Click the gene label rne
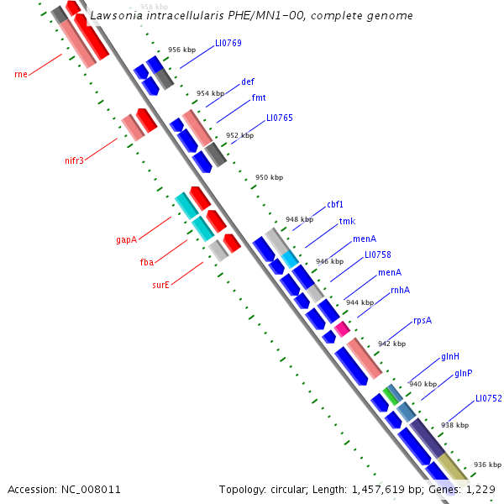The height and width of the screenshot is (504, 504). (21, 74)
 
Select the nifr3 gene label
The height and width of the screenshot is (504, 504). (75, 160)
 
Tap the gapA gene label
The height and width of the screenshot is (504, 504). (126, 239)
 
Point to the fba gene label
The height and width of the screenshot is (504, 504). (147, 262)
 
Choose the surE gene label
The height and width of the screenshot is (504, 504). (160, 285)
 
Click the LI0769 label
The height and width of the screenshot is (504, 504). (228, 43)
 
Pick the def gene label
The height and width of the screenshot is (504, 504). (248, 81)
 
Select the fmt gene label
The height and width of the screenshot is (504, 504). (259, 97)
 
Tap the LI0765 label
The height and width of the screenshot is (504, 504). (280, 118)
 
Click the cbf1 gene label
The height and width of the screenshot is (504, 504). (335, 204)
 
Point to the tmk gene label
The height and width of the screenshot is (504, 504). (347, 222)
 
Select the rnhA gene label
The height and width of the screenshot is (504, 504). (400, 290)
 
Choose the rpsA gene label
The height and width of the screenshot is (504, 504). (423, 321)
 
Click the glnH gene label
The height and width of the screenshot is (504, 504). (450, 357)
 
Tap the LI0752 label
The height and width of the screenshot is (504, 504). (488, 398)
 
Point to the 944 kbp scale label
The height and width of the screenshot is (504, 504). (360, 302)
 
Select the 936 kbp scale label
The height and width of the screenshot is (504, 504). (487, 465)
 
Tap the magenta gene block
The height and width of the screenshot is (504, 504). (342, 328)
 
